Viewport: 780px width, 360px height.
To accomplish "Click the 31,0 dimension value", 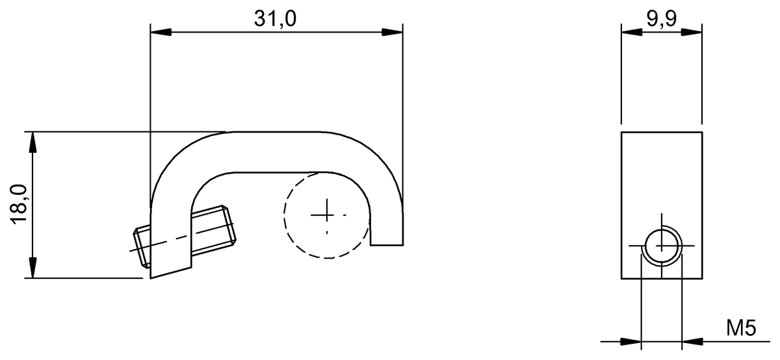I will [x=275, y=19].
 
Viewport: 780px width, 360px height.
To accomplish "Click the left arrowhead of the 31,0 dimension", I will [x=160, y=32].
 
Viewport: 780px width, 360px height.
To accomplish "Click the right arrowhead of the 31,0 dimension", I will [x=392, y=32].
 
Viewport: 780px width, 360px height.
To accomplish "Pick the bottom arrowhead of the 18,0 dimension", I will [x=32, y=269].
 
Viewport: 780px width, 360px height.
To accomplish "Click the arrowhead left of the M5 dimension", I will [x=632, y=341].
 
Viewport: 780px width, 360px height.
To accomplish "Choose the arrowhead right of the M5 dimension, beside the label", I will [x=692, y=341].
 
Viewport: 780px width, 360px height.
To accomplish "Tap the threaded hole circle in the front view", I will [x=662, y=246].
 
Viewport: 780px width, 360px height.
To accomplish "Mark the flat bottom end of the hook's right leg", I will [x=386, y=246].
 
